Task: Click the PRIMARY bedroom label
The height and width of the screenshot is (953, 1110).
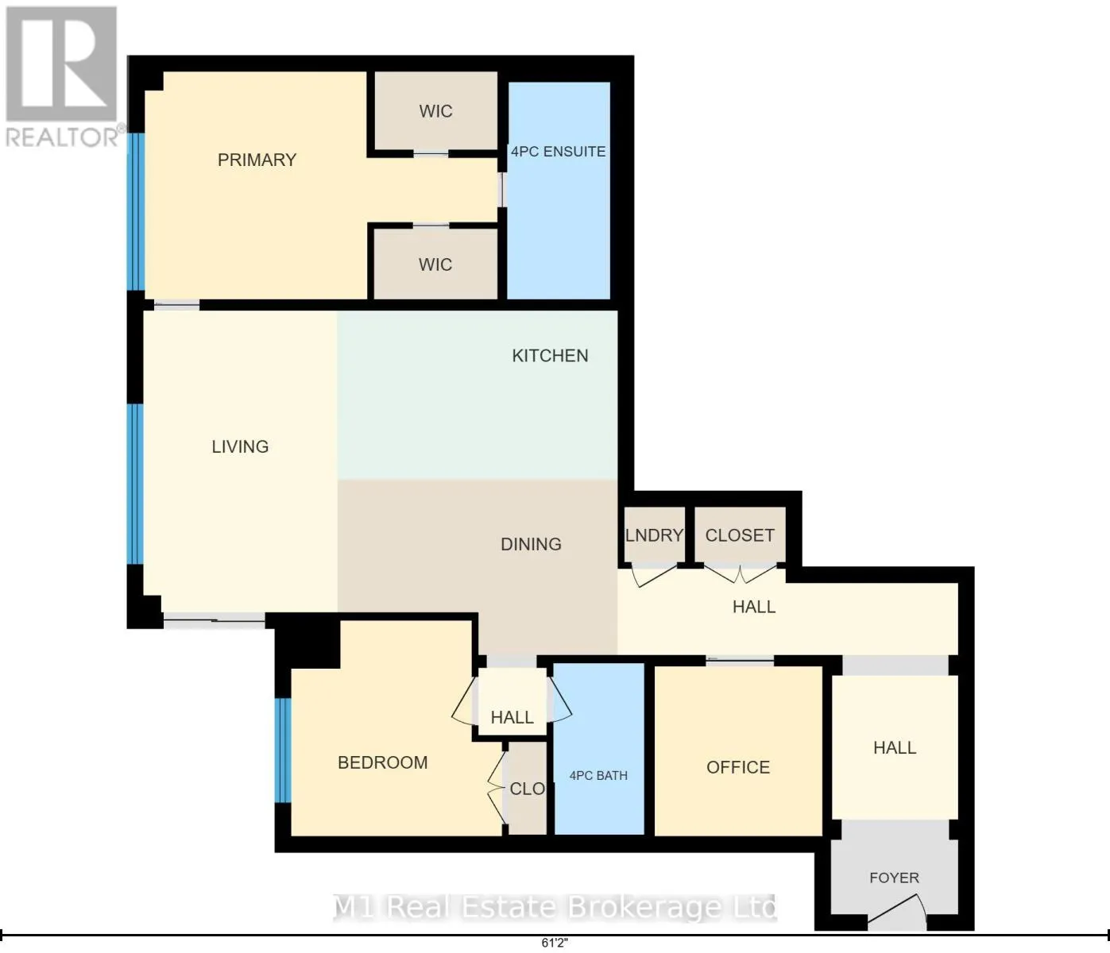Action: tap(257, 160)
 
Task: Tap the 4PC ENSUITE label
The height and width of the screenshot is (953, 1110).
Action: tap(558, 152)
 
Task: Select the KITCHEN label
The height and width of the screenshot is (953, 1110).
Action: tap(550, 356)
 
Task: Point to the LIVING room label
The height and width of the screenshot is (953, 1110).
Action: tap(240, 446)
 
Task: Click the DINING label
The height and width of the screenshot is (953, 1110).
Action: tap(531, 544)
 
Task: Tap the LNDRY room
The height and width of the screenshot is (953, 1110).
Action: tap(655, 534)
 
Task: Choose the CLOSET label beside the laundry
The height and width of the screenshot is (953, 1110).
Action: tap(740, 534)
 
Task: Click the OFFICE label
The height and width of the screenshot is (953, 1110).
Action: tap(738, 767)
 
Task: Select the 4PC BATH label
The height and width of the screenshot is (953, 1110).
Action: tap(598, 775)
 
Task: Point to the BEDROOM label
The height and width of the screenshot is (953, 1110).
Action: tap(382, 762)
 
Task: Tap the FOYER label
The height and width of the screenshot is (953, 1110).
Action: tap(894, 878)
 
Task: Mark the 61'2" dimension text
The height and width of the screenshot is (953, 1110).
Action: tap(555, 943)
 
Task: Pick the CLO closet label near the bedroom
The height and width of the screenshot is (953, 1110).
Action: tap(527, 789)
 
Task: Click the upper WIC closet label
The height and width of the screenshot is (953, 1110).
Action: tap(435, 111)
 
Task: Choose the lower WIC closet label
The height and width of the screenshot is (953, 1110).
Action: tap(435, 264)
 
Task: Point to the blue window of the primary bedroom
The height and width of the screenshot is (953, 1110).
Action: tap(136, 211)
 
